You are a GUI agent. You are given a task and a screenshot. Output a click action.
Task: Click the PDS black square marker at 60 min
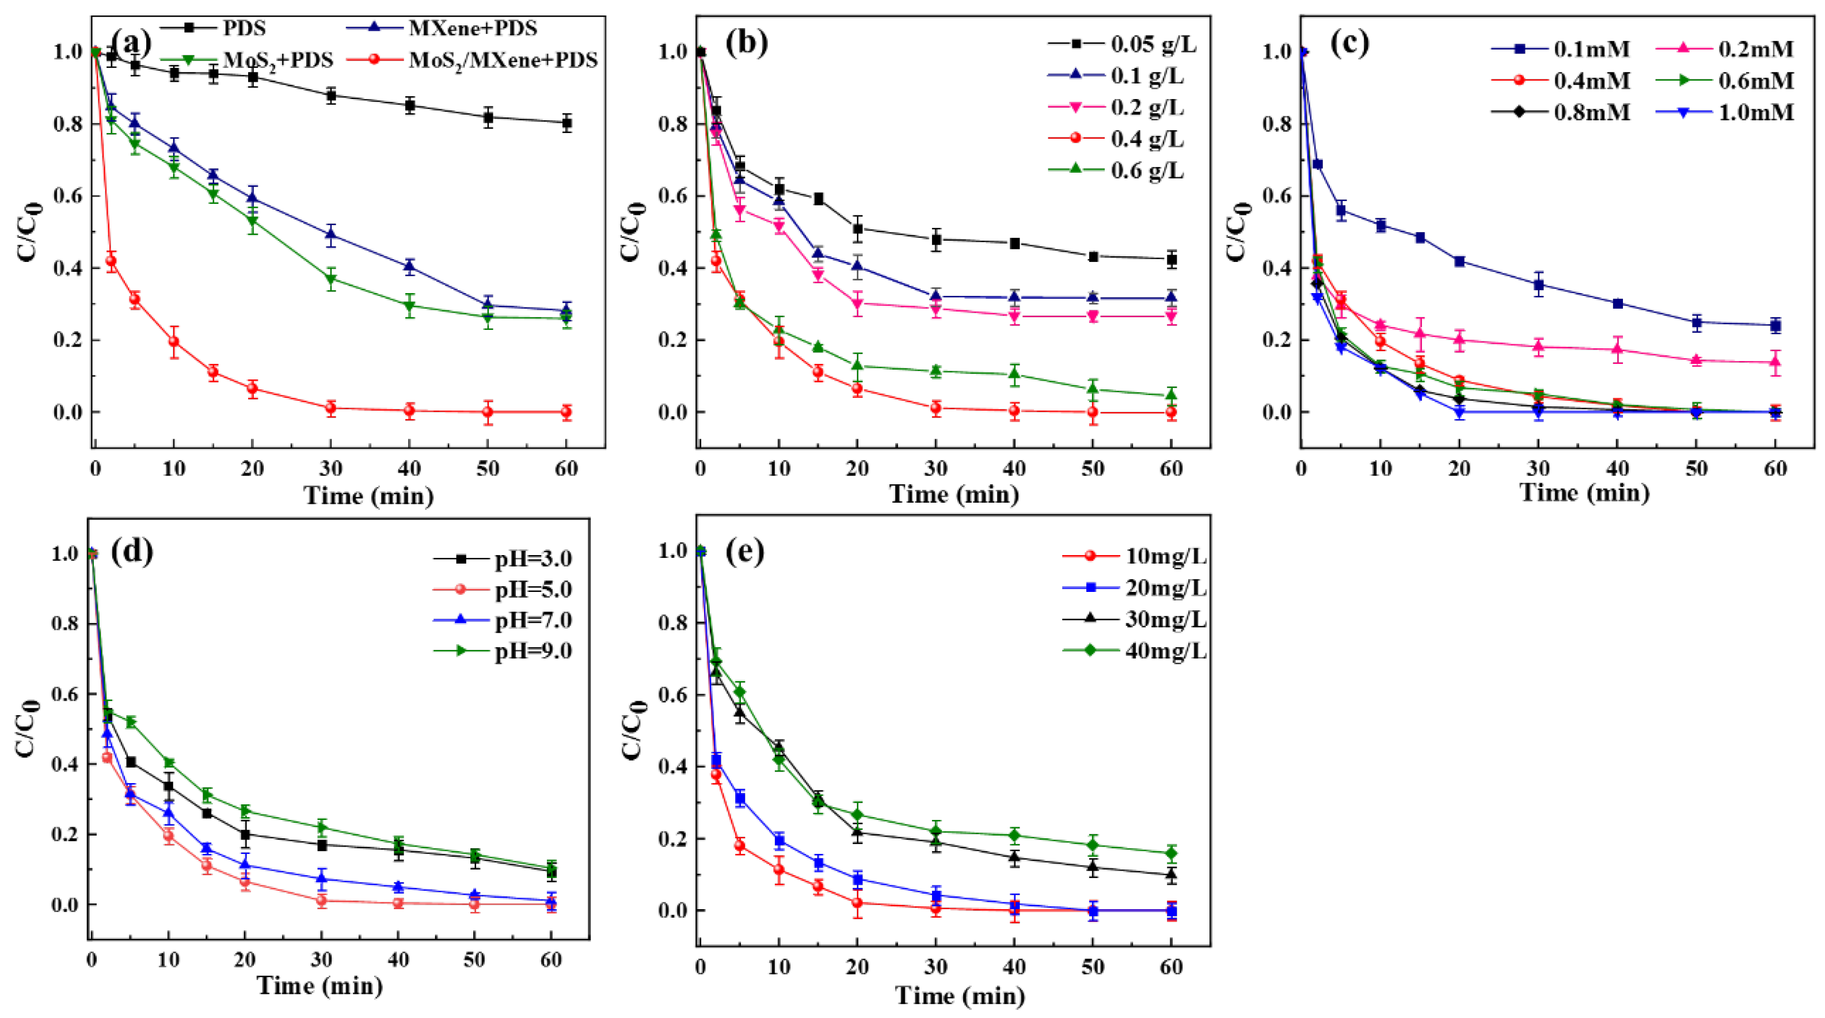click(x=566, y=123)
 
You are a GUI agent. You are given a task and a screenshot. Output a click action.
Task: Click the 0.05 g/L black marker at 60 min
click(x=1171, y=260)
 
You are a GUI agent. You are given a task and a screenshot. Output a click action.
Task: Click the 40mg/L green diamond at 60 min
click(x=1171, y=853)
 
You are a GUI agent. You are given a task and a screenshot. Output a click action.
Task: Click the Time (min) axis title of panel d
click(x=320, y=985)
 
